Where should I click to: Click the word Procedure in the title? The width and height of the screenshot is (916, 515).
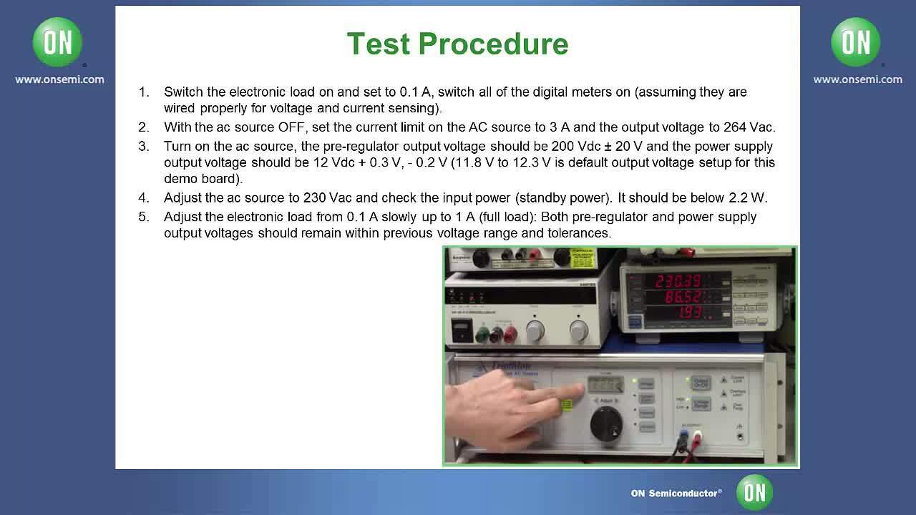pos(504,44)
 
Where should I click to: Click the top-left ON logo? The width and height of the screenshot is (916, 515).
pos(57,42)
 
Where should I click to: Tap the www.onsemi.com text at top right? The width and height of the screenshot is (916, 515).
pos(857,79)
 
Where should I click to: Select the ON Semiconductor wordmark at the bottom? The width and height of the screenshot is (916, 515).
pos(676,493)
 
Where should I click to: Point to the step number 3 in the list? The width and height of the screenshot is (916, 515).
pos(144,146)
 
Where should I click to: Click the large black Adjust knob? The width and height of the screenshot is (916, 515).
pos(606,423)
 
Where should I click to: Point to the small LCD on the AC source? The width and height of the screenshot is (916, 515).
pos(605,385)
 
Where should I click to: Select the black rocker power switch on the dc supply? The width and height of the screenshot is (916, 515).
pos(462,330)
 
